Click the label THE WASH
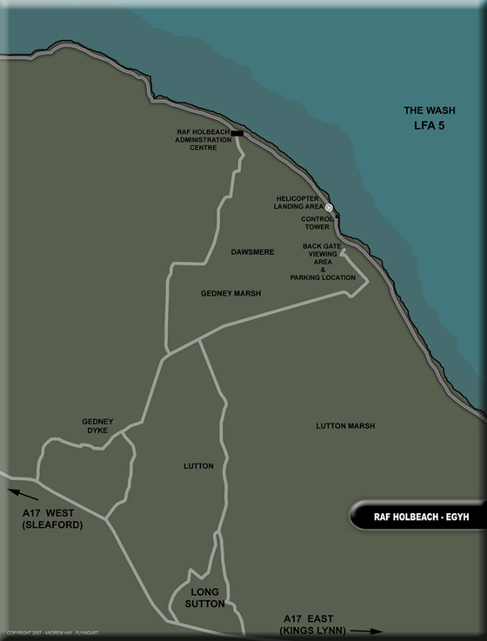click(x=429, y=110)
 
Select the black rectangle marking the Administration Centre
click(x=237, y=134)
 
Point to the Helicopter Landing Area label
click(x=298, y=203)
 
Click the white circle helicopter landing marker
click(x=330, y=207)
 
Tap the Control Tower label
click(x=318, y=223)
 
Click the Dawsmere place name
click(x=253, y=252)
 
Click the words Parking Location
click(x=323, y=277)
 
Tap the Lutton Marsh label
click(x=346, y=426)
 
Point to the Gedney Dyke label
click(x=98, y=425)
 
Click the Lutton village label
click(x=199, y=466)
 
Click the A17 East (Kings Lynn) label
click(x=312, y=623)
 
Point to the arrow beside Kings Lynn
click(x=369, y=631)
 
